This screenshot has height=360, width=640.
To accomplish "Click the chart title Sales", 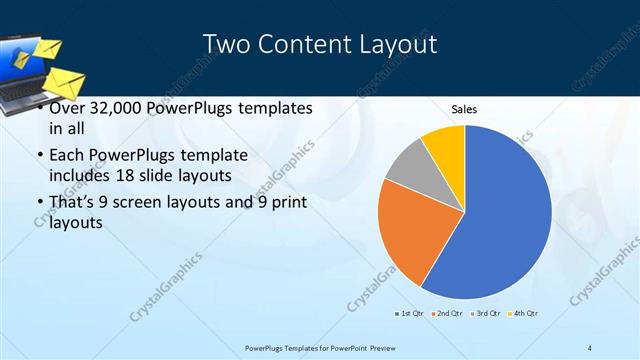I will pyautogui.click(x=463, y=108).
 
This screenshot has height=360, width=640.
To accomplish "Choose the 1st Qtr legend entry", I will pyautogui.click(x=409, y=314).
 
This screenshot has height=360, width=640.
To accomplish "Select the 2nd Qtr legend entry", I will pyautogui.click(x=447, y=314).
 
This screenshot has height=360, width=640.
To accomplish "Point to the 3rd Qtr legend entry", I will pyautogui.click(x=485, y=314).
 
